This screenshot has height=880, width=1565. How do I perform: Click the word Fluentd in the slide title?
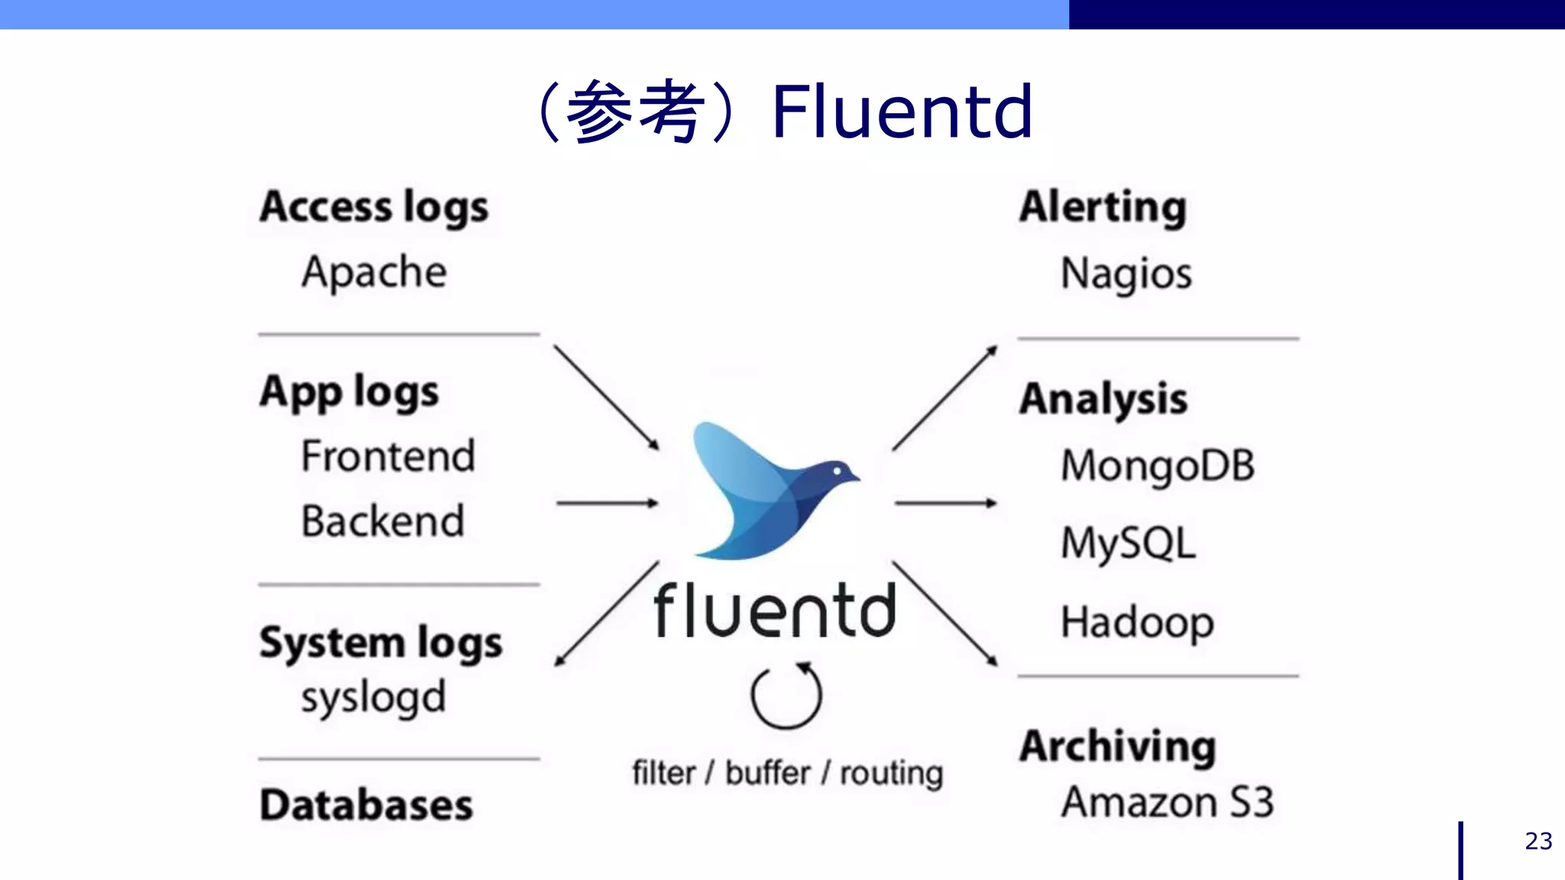pyautogui.click(x=902, y=112)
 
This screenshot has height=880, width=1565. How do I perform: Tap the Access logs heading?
pyautogui.click(x=374, y=208)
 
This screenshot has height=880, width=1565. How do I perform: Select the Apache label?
pyautogui.click(x=374, y=273)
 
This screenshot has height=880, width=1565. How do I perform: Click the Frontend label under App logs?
pyautogui.click(x=387, y=456)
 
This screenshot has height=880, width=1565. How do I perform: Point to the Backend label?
pyautogui.click(x=382, y=521)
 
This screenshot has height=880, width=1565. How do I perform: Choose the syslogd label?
pyautogui.click(x=373, y=697)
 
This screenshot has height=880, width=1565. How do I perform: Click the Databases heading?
pyautogui.click(x=366, y=805)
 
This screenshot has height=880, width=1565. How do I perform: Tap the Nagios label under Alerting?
pyautogui.click(x=1126, y=273)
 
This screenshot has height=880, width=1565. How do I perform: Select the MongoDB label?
pyautogui.click(x=1157, y=466)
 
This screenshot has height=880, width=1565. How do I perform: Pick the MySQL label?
pyautogui.click(x=1128, y=544)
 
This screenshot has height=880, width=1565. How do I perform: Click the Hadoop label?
pyautogui.click(x=1137, y=622)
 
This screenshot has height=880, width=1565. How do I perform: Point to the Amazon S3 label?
pyautogui.click(x=1168, y=802)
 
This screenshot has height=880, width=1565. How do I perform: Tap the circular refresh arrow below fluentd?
pyautogui.click(x=786, y=694)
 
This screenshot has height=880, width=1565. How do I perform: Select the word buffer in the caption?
pyautogui.click(x=767, y=773)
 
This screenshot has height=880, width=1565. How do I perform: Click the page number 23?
pyautogui.click(x=1537, y=841)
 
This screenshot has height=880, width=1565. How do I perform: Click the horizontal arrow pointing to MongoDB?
pyautogui.click(x=945, y=503)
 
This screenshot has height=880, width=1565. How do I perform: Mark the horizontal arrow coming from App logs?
pyautogui.click(x=607, y=503)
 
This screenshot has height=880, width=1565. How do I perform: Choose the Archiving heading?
pyautogui.click(x=1117, y=746)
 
